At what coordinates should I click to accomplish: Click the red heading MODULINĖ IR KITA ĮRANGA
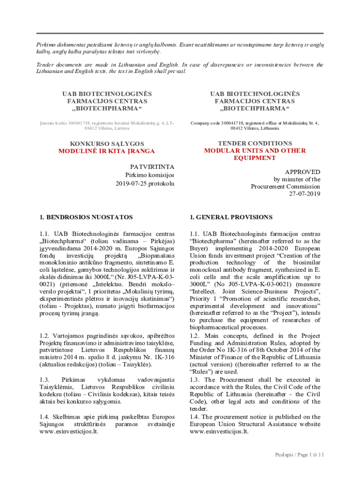[x=106, y=151]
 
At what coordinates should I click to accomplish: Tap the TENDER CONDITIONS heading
[x=255, y=143]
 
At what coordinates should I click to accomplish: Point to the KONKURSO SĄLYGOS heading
[x=107, y=144]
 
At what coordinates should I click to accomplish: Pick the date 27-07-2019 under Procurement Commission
[x=304, y=194]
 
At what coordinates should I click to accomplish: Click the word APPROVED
[x=302, y=172]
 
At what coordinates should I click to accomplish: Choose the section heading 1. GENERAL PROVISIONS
[x=231, y=217]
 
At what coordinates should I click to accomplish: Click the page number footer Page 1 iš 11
[x=299, y=455]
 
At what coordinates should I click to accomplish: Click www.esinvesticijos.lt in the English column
[x=219, y=431]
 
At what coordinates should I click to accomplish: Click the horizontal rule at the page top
[x=180, y=33]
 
